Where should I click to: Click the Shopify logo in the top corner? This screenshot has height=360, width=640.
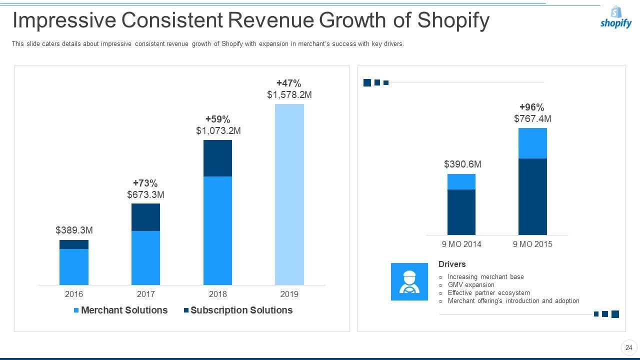615,17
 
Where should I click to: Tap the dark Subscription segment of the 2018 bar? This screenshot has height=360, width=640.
217,158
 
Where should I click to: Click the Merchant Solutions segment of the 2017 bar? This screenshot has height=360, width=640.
145,257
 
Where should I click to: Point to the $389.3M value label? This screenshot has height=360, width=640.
74,230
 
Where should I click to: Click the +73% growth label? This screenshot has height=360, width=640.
145,183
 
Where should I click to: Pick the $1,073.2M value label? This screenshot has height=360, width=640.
218,130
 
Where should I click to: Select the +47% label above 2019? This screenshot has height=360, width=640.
289,83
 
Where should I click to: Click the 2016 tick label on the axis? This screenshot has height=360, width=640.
74,294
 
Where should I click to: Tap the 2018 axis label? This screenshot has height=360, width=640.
217,294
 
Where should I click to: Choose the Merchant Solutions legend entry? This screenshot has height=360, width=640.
120,310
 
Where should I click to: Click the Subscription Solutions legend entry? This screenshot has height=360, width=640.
238,310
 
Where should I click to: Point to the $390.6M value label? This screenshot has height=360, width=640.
462,164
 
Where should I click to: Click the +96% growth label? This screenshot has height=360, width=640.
532,107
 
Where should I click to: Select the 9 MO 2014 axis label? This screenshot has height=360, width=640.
461,244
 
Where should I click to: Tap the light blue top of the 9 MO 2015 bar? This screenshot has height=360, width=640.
532,143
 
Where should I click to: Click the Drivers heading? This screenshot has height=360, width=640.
452,264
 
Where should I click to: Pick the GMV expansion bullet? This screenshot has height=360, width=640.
470,285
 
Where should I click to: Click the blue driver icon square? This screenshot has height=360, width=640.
409,281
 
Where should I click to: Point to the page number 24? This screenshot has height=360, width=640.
629,347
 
